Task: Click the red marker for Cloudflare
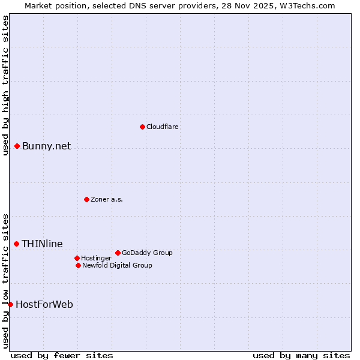[x=142, y=127]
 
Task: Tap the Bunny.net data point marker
[x=17, y=146]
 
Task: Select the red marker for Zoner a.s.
[x=86, y=199]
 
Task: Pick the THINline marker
[x=16, y=244]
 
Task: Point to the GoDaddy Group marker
[x=118, y=253]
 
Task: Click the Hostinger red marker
[x=77, y=258]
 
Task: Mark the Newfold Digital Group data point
[x=78, y=265]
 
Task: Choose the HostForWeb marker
[x=10, y=304]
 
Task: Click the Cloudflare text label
[x=163, y=127]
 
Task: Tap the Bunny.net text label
[x=46, y=146]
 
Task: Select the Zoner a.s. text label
[x=107, y=199]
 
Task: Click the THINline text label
[x=42, y=244]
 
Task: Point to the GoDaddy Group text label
[x=147, y=253]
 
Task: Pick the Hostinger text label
[x=96, y=258]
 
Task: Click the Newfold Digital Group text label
[x=117, y=265]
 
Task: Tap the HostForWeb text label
[x=44, y=305]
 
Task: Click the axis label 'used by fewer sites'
[x=62, y=355]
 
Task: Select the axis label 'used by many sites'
[x=301, y=355]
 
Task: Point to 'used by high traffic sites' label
[x=5, y=85]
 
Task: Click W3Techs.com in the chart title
[x=307, y=5]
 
